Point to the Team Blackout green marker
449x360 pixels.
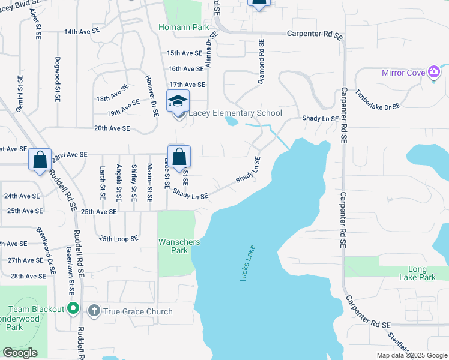[73, 309]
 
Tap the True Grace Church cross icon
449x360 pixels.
[93, 311]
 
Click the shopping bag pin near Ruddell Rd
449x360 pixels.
[40, 160]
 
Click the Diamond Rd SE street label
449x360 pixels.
[261, 62]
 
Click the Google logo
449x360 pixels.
[20, 353]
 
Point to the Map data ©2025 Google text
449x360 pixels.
[411, 355]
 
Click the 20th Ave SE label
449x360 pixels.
[112, 128]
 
